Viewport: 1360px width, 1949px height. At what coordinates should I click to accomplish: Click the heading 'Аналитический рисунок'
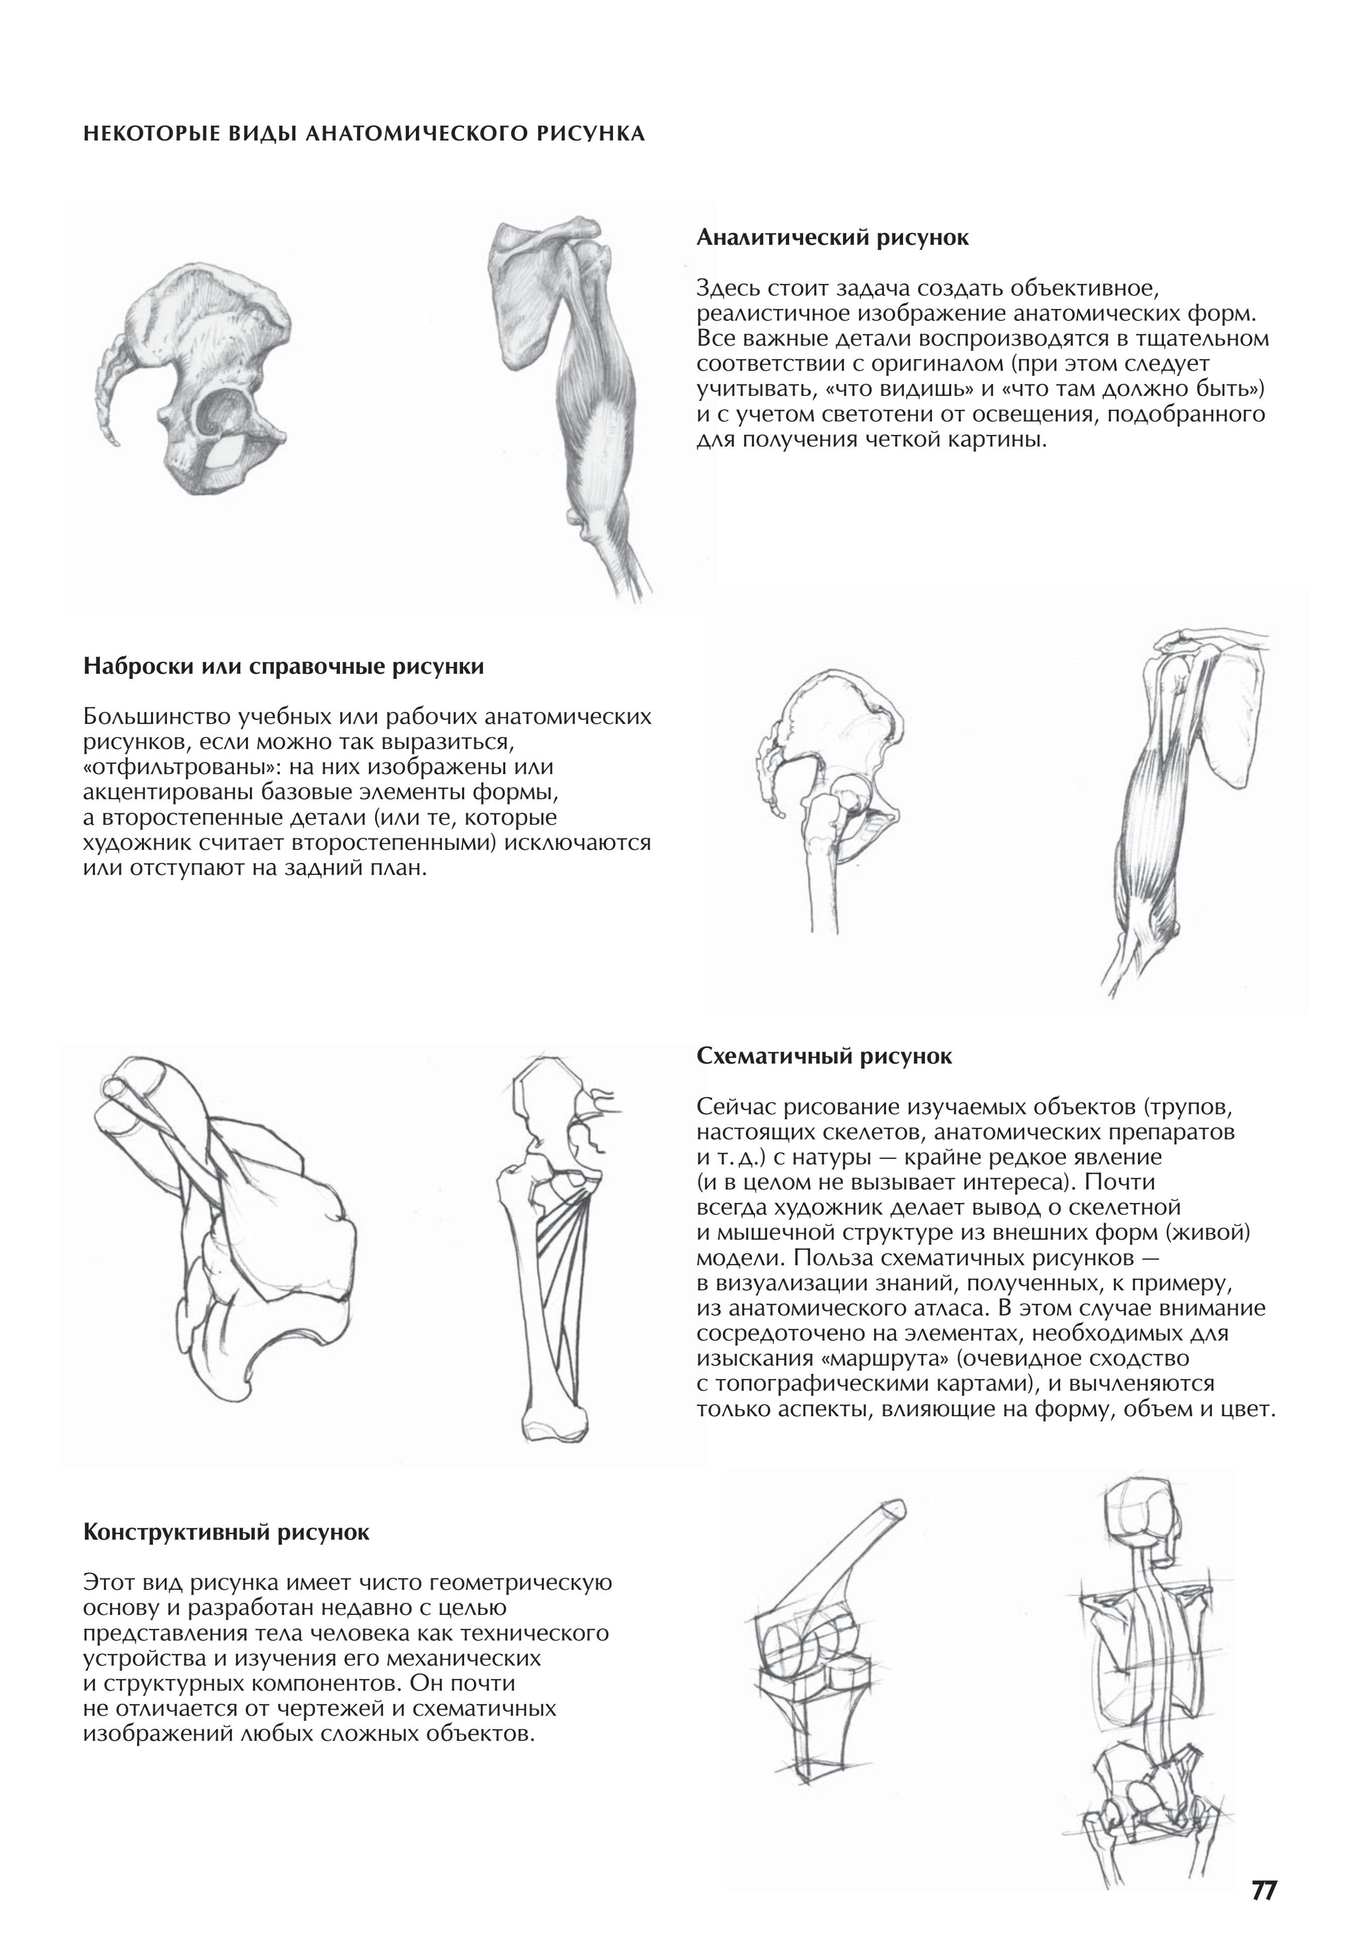(x=832, y=238)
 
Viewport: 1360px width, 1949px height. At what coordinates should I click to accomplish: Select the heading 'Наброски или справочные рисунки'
(x=283, y=666)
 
